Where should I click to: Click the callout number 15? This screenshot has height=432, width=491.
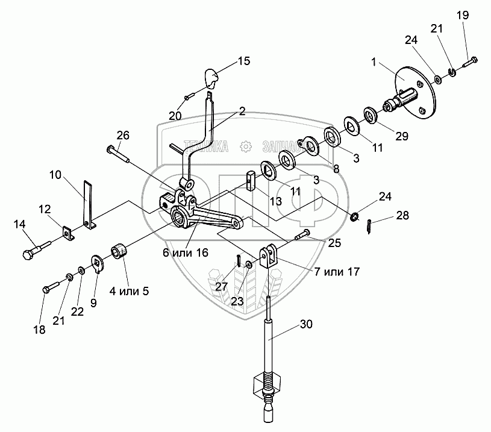243,61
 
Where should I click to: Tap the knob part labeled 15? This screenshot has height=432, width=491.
210,78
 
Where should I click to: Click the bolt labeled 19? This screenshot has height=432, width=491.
470,61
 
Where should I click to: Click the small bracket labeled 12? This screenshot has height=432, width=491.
67,232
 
